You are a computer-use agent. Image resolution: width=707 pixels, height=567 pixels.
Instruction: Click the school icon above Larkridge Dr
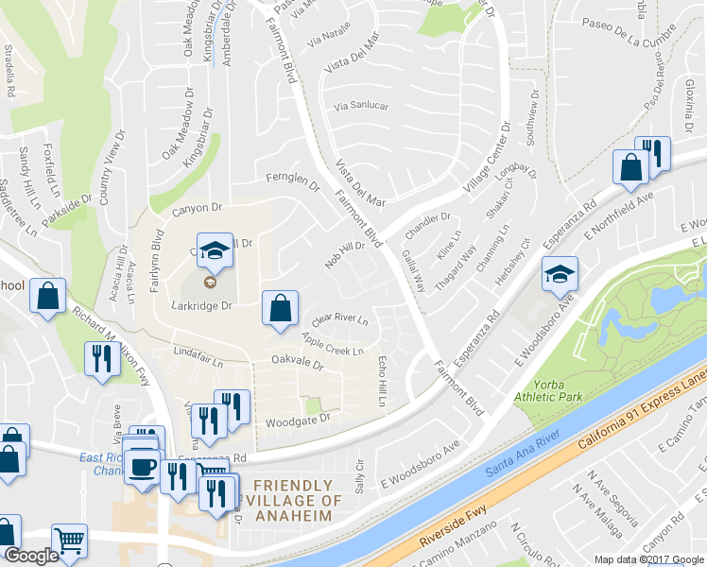215,250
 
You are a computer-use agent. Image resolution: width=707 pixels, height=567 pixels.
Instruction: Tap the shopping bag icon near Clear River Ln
280,308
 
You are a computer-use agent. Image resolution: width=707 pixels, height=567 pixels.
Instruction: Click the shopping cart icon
69,541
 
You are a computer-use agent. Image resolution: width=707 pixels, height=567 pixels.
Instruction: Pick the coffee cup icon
144,465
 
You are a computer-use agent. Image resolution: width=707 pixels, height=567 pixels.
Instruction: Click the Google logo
31,556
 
